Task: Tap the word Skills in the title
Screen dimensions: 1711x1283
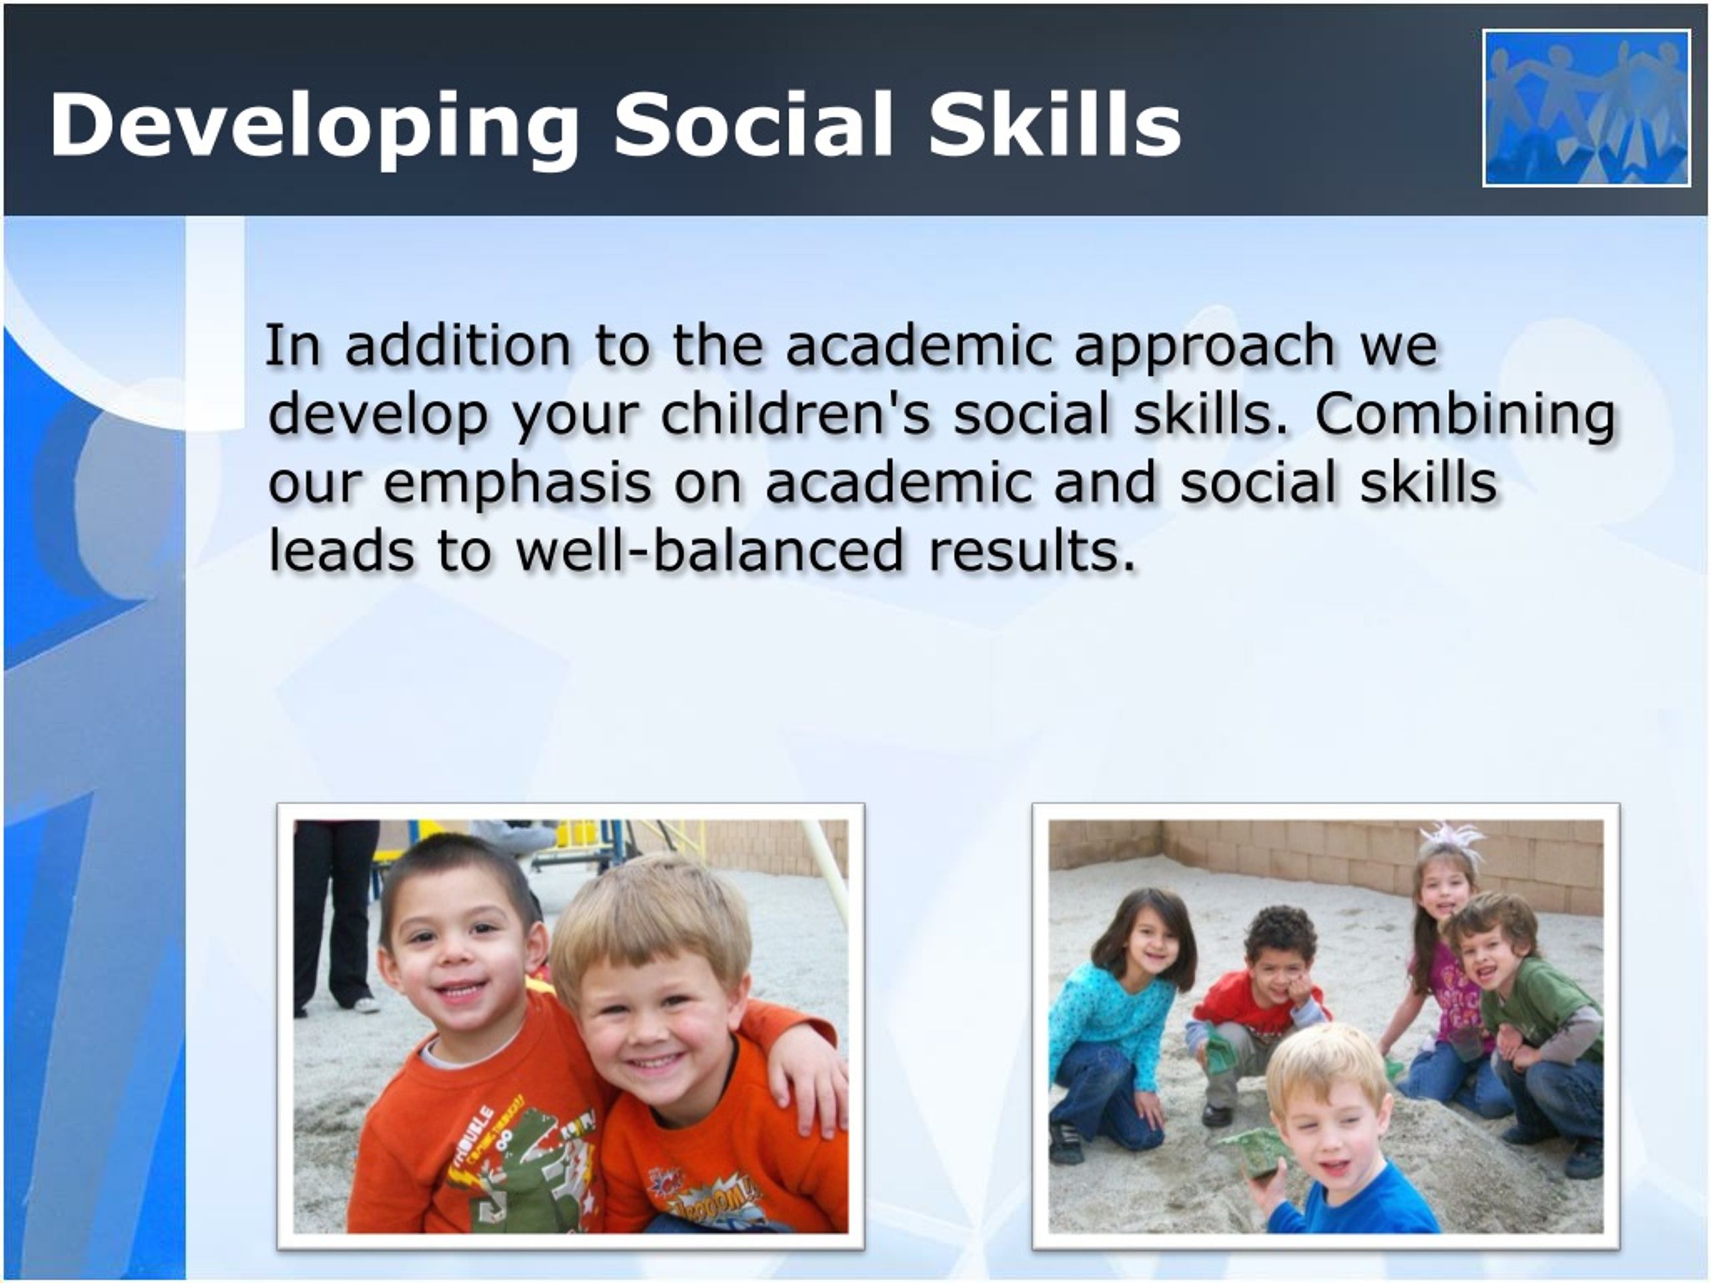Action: pyautogui.click(x=1055, y=124)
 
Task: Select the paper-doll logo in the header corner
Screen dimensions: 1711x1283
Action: pyautogui.click(x=1587, y=108)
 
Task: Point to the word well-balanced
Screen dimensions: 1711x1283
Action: pyautogui.click(x=710, y=550)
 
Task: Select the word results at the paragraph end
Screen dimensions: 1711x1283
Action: pyautogui.click(x=1032, y=550)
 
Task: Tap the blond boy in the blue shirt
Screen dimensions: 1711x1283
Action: pyautogui.click(x=1342, y=1137)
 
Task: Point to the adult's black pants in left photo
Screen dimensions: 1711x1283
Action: pyautogui.click(x=334, y=913)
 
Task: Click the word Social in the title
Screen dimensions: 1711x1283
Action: pyautogui.click(x=754, y=124)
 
